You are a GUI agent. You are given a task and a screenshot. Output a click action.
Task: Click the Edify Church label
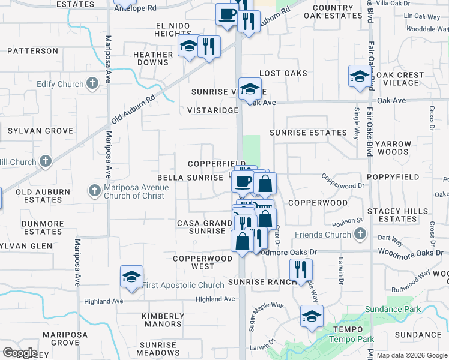[x=59, y=84]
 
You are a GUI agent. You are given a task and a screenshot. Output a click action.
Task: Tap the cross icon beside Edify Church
[x=92, y=83]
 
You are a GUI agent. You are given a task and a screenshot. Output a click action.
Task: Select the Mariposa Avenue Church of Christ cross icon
[x=94, y=191]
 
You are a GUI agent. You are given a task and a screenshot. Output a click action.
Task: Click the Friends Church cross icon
[x=360, y=233]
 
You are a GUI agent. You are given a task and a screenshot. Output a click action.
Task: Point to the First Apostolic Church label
[x=184, y=285]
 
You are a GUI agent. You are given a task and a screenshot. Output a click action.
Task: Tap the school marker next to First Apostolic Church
[x=131, y=277]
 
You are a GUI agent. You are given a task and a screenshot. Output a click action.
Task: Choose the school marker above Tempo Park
[x=312, y=316]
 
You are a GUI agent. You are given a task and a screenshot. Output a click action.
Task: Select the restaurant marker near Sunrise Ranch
[x=301, y=269]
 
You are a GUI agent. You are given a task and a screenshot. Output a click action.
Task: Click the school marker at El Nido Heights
[x=188, y=46]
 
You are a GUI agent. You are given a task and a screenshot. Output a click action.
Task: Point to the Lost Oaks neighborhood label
[x=283, y=73]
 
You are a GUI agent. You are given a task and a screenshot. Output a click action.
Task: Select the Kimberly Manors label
[x=163, y=320]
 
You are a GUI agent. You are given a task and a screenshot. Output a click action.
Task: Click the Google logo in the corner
[x=19, y=353]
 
